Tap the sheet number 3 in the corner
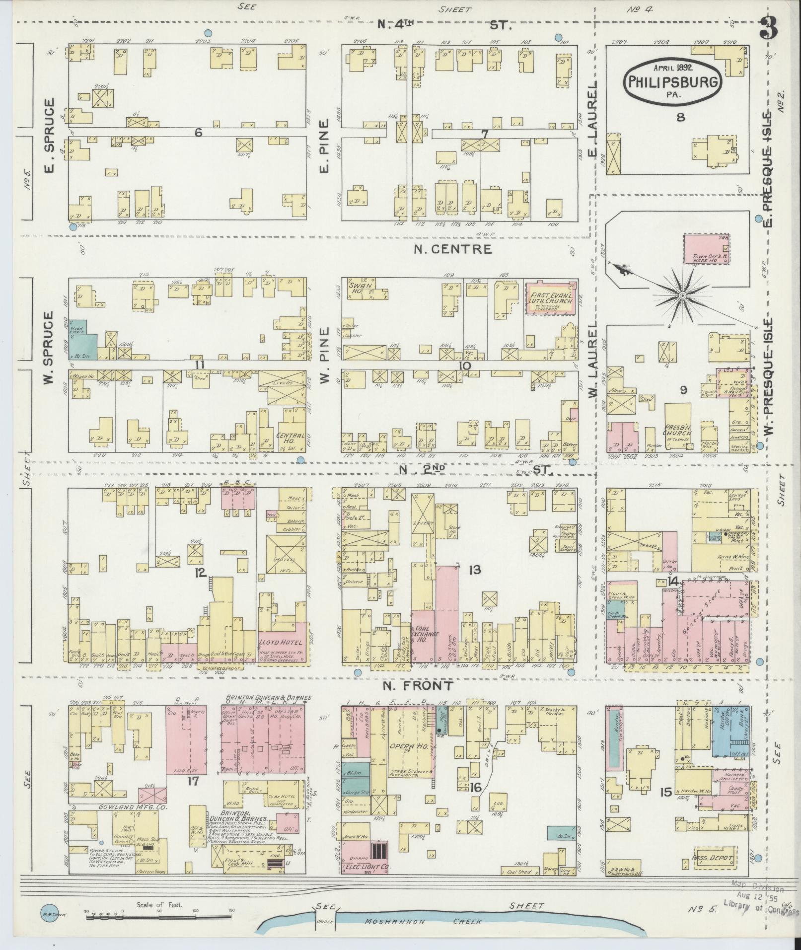coord(768,30)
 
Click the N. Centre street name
coord(453,249)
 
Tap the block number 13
coord(474,570)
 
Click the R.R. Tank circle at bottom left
coord(49,913)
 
